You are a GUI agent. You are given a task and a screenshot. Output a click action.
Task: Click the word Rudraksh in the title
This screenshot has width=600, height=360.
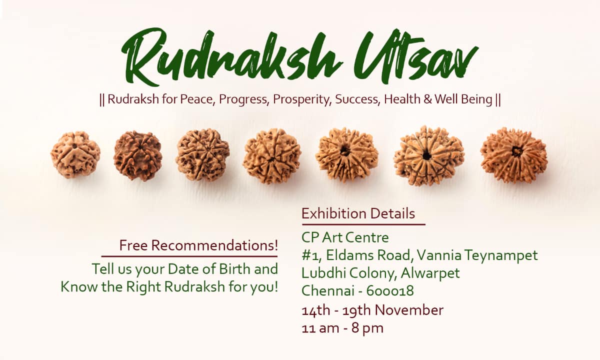(x=231, y=57)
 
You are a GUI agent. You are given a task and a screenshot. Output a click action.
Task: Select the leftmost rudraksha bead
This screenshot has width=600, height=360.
(x=75, y=154)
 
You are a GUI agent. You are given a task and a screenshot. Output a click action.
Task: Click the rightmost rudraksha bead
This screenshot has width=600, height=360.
(x=514, y=155)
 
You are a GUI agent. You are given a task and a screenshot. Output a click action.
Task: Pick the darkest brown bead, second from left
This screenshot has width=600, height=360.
(x=138, y=155)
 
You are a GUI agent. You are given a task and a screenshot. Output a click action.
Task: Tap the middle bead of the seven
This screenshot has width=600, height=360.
(x=272, y=156)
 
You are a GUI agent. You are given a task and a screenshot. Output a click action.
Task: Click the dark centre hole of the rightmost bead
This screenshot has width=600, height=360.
(x=516, y=152)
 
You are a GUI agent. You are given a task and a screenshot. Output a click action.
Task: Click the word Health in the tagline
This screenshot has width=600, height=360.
(x=402, y=99)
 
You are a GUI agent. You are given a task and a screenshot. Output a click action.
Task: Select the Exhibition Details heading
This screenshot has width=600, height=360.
(x=358, y=213)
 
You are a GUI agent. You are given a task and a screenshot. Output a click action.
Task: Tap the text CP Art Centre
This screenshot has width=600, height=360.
(x=345, y=237)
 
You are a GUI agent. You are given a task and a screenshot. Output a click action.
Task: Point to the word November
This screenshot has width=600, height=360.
(x=409, y=310)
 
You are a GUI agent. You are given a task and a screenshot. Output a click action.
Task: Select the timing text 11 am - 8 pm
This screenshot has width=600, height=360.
(x=342, y=328)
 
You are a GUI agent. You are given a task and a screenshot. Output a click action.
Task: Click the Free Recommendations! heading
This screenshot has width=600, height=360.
(x=198, y=245)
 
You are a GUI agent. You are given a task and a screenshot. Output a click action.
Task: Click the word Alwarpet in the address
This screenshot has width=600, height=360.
(x=430, y=273)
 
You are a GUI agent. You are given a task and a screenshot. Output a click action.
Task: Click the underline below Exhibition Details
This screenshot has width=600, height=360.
(x=364, y=224)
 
